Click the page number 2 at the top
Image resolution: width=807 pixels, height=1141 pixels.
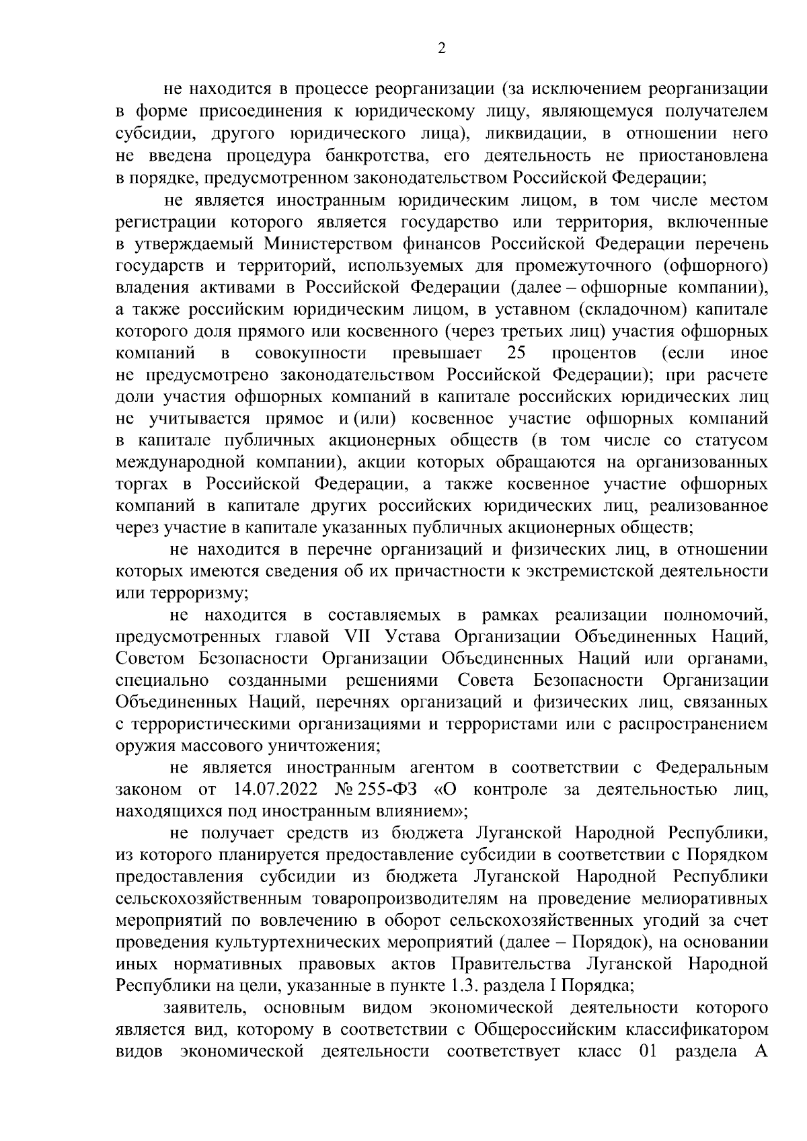440,48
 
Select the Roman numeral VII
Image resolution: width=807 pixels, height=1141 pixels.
358,637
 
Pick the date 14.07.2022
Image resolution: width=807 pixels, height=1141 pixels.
276,789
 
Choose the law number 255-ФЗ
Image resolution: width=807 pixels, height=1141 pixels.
389,789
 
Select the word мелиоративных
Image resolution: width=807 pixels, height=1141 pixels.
702,898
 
